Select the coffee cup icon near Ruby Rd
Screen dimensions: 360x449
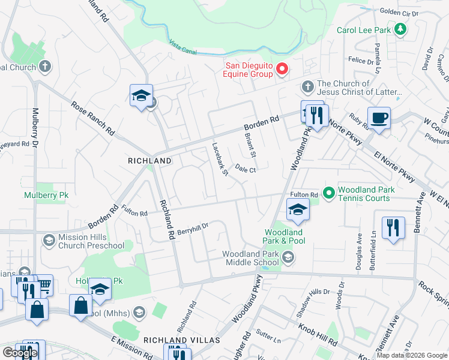[379, 118]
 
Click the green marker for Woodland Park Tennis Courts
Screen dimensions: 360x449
[328, 193]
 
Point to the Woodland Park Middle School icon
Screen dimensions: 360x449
[288, 258]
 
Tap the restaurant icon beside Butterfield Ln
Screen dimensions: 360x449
[393, 227]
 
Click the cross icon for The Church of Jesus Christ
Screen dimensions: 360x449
[307, 86]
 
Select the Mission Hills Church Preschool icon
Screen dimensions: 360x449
[48, 241]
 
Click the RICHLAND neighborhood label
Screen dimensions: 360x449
[149, 161]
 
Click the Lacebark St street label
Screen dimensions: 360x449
[220, 160]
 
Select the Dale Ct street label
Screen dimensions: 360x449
[246, 169]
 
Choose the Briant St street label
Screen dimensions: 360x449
[250, 145]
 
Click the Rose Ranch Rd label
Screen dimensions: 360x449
[93, 117]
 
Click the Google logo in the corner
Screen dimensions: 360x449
[20, 352]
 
